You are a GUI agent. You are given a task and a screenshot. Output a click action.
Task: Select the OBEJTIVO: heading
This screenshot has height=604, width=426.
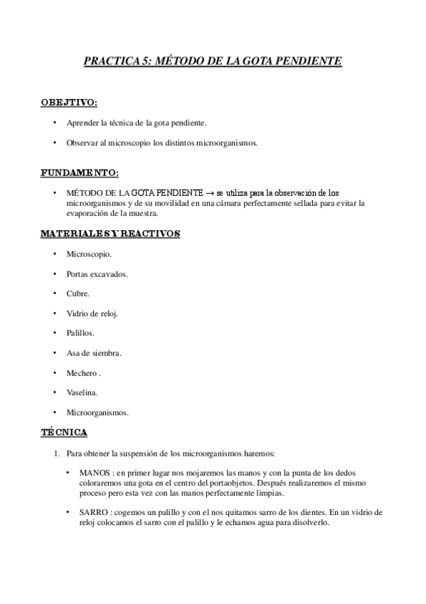[x=69, y=103]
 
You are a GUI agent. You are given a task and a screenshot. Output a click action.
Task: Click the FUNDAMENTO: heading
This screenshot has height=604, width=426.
[x=80, y=172]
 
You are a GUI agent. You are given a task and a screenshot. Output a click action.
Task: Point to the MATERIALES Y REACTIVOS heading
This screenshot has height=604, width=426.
[x=110, y=234]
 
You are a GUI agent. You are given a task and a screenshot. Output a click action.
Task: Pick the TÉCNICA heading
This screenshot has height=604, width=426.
[x=64, y=432]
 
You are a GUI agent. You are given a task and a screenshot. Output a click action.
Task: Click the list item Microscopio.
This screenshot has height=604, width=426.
[x=89, y=254]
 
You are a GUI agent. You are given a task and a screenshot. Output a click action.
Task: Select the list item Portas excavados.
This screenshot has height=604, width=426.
[x=97, y=274]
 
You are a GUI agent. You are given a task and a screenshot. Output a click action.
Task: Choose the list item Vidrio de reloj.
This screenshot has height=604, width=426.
[x=92, y=313]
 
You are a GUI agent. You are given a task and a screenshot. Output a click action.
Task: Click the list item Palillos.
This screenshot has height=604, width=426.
[x=80, y=333]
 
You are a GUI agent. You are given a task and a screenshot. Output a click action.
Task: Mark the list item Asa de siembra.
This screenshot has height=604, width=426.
[x=94, y=353]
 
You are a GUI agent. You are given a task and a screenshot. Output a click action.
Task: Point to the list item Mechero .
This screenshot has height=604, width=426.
[x=82, y=373]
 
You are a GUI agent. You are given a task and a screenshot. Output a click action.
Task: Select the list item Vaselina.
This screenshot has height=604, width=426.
[x=82, y=392]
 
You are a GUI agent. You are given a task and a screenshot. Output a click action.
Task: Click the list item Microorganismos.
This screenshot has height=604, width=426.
[x=97, y=412]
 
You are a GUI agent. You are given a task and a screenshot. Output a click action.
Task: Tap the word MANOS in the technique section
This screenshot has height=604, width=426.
[x=92, y=473]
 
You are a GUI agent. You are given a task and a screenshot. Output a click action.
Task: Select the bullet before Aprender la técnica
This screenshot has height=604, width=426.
[x=55, y=123]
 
